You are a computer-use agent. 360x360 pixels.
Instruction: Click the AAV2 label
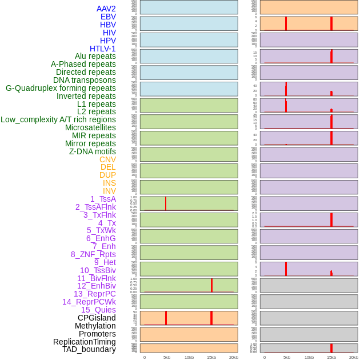(x=106, y=9)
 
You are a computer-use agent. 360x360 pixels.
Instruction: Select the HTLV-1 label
(x=102, y=49)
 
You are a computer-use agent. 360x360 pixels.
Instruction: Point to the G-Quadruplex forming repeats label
(x=61, y=88)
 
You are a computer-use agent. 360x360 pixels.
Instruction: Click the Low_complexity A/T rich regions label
(x=58, y=119)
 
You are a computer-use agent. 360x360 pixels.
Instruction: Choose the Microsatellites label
(x=90, y=127)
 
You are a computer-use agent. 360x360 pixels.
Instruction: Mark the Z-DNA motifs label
(x=93, y=151)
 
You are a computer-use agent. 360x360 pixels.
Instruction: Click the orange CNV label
(x=107, y=159)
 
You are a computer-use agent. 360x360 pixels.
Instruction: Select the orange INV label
(x=109, y=191)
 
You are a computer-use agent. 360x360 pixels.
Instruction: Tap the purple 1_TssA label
(x=103, y=199)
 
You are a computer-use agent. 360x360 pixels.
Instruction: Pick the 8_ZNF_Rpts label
(x=93, y=254)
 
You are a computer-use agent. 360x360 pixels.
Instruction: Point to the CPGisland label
(x=97, y=318)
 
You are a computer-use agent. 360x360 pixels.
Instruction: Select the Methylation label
(x=95, y=326)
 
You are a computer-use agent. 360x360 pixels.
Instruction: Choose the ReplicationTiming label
(x=85, y=342)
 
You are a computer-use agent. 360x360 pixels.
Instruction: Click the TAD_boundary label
(x=89, y=349)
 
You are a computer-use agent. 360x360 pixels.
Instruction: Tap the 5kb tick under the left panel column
(x=167, y=357)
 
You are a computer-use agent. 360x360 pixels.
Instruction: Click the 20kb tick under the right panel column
(x=353, y=357)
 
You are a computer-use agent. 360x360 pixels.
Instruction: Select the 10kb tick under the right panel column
(x=309, y=357)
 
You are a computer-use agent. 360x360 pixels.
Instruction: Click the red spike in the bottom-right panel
(x=331, y=348)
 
